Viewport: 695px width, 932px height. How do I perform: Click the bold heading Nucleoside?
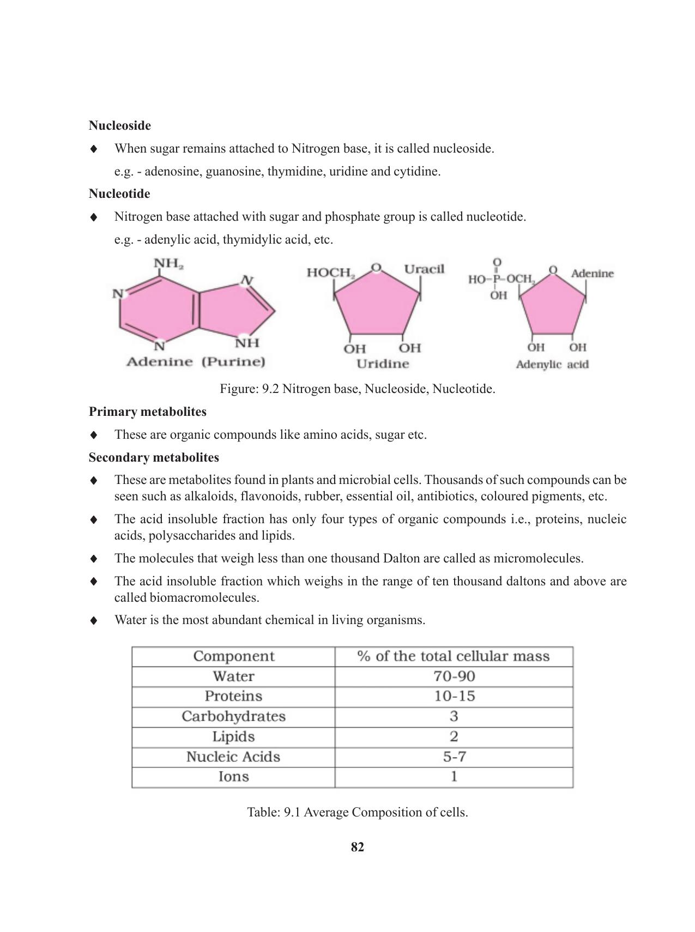tap(120, 126)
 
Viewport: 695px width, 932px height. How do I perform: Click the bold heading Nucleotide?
tap(119, 194)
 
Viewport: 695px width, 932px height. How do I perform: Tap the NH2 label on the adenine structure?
tap(168, 264)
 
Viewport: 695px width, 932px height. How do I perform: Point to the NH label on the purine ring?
tap(247, 343)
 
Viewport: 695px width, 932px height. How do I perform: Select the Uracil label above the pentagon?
tap(424, 269)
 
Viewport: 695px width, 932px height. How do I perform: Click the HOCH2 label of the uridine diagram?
tap(331, 273)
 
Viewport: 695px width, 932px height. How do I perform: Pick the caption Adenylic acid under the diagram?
tap(552, 365)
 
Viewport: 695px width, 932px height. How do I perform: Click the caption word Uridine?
tap(383, 364)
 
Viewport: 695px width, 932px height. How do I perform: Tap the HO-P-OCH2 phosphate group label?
tap(500, 280)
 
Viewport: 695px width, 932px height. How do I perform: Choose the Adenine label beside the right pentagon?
tap(592, 274)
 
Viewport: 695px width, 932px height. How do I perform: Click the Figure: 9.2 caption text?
tap(358, 389)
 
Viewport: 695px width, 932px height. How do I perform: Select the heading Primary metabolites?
tap(148, 412)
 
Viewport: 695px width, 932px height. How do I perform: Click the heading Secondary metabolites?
tap(154, 458)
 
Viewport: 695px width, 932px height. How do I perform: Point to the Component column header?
tap(233, 656)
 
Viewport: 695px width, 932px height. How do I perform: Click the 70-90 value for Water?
tap(454, 676)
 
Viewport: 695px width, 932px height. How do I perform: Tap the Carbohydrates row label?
tap(233, 717)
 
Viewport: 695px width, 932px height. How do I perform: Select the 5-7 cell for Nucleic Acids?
tap(454, 757)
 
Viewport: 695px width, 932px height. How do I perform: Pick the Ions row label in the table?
tap(233, 777)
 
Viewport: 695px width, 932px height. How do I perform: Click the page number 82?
tap(358, 848)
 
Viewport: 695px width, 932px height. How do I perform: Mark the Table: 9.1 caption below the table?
tap(358, 813)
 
